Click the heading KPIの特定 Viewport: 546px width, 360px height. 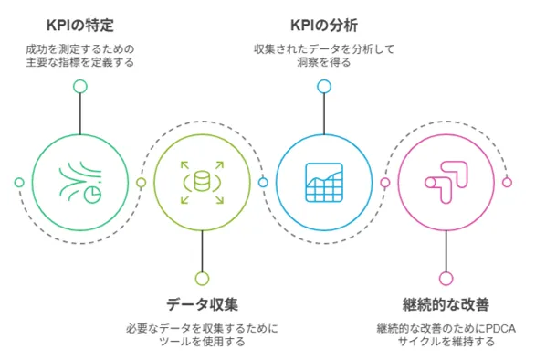pos(80,26)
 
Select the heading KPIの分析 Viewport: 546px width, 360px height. pos(324,26)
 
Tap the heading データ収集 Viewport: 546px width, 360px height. pos(203,304)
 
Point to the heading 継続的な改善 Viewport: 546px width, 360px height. pos(446,304)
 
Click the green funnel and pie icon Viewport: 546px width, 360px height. pos(80,182)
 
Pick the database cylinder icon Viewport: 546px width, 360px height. pos(202,182)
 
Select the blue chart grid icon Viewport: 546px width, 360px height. pos(324,182)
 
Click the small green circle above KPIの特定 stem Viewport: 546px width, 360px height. pos(80,87)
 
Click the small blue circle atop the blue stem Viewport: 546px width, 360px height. pos(324,87)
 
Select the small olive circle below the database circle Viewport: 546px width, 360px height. pos(203,279)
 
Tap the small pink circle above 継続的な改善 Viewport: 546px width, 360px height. pos(446,279)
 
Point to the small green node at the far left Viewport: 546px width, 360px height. pos(19,182)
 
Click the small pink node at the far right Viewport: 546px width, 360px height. pos(507,182)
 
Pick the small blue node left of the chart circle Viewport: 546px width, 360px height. pos(263,182)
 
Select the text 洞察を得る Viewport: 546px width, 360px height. pos(324,62)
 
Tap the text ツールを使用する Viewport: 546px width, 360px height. pos(203,341)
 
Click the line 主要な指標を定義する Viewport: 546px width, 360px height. pos(80,62)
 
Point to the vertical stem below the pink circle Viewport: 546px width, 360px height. pos(446,251)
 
